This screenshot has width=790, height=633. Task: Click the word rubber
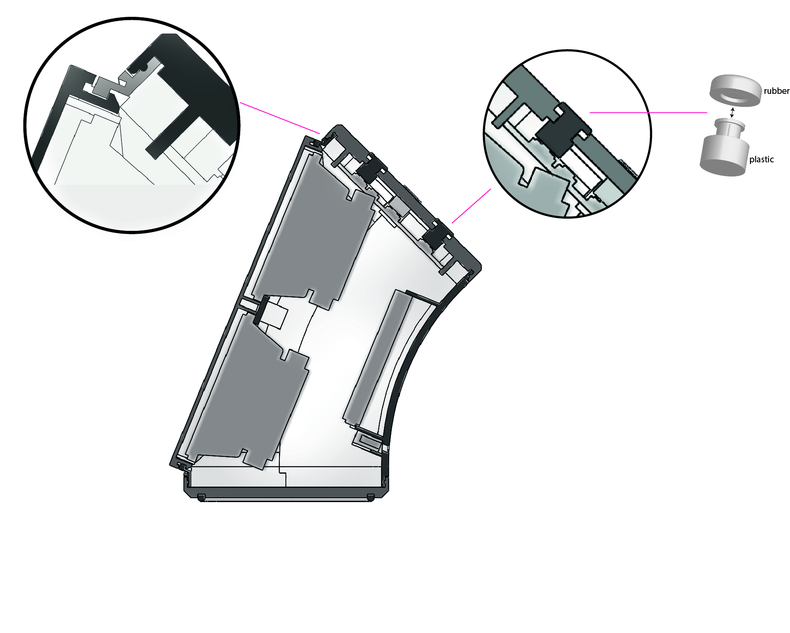click(776, 91)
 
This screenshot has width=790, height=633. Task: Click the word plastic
click(761, 159)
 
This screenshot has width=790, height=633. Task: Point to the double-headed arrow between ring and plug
click(732, 113)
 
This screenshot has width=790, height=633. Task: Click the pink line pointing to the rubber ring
click(648, 112)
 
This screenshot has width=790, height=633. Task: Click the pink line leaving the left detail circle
click(280, 118)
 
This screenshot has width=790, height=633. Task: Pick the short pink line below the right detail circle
click(471, 206)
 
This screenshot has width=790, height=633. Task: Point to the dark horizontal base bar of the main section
click(286, 493)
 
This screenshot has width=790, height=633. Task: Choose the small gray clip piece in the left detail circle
click(105, 87)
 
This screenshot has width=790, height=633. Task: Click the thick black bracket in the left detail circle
click(189, 93)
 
